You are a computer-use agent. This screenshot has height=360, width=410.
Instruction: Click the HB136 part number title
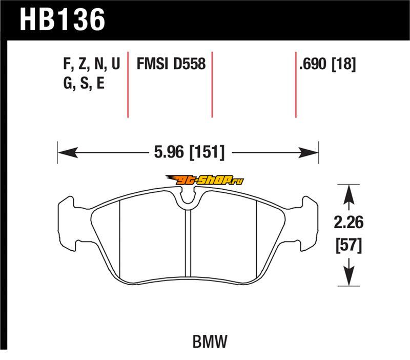[x=63, y=19]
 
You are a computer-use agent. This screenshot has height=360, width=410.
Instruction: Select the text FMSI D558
[x=171, y=64]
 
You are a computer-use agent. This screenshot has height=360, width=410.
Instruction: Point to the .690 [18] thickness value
[x=327, y=64]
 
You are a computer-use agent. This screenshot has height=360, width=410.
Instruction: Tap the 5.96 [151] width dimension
[x=189, y=152]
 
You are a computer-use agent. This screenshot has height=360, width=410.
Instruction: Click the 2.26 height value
[x=348, y=223]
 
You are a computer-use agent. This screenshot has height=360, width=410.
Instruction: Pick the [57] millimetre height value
[x=349, y=245]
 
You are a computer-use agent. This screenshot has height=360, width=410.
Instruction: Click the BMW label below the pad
[x=210, y=342]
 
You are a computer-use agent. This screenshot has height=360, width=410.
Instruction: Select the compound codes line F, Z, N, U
[x=92, y=64]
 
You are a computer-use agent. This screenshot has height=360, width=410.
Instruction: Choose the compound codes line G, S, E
[x=84, y=84]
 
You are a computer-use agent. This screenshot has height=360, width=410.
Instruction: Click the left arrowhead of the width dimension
[x=68, y=152]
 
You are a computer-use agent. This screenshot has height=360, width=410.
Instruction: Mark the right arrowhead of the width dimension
[x=309, y=152]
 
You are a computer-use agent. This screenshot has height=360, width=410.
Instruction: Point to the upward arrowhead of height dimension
[x=348, y=194]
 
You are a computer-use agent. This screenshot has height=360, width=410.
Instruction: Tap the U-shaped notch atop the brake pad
[x=188, y=199]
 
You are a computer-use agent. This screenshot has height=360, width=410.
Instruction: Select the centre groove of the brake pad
[x=188, y=243]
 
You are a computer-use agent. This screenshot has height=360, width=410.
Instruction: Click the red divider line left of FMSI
[x=128, y=85]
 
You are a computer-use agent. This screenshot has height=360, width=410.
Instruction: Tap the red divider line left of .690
[x=296, y=85]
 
